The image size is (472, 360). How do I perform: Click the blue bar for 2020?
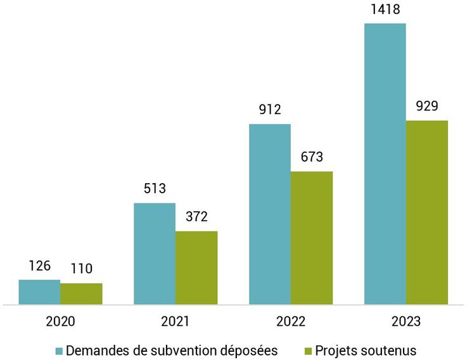pyautogui.click(x=39, y=292)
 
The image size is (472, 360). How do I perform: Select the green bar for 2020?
pyautogui.click(x=81, y=294)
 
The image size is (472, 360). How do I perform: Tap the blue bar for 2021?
pyautogui.click(x=155, y=254)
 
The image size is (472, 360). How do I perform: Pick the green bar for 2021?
pyautogui.click(x=196, y=267)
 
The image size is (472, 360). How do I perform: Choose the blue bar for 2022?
pyautogui.click(x=270, y=214)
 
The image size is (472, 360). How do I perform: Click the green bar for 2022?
pyautogui.click(x=312, y=238)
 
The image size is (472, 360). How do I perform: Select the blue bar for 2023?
pyautogui.click(x=385, y=164)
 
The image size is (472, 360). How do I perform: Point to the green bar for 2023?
pyautogui.click(x=427, y=212)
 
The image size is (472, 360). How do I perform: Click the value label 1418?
pyautogui.click(x=385, y=10)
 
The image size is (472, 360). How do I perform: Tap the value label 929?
pyautogui.click(x=427, y=106)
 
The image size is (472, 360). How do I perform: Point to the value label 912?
pyautogui.click(x=270, y=110)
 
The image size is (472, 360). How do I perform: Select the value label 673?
pyautogui.click(x=312, y=157)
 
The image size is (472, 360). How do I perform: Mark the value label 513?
pyautogui.click(x=155, y=189)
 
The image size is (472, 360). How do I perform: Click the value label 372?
pyautogui.click(x=196, y=217)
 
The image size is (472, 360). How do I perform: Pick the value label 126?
pyautogui.click(x=39, y=266)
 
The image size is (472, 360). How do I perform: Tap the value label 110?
pyautogui.click(x=81, y=269)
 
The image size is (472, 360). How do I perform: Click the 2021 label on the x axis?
pyautogui.click(x=175, y=321)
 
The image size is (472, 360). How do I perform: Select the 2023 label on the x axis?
pyautogui.click(x=406, y=321)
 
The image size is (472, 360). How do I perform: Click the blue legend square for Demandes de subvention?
pyautogui.click(x=59, y=350)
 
